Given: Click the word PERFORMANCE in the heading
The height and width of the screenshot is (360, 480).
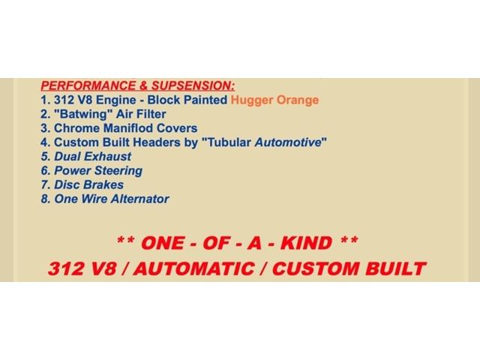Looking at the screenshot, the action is [88, 85].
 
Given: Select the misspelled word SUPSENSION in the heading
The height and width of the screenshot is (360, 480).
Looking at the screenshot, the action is [193, 85].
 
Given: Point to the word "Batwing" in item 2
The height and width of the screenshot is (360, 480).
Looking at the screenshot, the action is [83, 114].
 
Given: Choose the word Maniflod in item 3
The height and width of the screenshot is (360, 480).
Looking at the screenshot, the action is [128, 128].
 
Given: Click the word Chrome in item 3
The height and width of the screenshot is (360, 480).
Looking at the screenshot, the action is [76, 128].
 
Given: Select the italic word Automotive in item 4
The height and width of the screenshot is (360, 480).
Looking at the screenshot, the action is [288, 142].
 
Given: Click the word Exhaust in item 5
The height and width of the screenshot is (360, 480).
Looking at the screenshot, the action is [107, 157].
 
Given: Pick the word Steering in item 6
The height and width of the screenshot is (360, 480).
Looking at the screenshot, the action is [118, 170].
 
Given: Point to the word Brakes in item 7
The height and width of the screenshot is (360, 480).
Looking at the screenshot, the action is [103, 184].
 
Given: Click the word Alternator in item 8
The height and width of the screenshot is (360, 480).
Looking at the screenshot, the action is [139, 199].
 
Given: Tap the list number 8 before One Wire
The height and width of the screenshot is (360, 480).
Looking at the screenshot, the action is [45, 199].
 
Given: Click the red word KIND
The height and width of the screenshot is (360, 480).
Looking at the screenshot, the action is [306, 243].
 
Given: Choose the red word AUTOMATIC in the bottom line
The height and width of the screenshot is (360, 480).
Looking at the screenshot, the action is [193, 268].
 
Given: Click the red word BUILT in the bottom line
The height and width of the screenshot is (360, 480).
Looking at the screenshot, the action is [395, 268].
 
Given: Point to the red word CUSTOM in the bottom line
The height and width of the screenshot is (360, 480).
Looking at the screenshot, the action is [316, 268].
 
